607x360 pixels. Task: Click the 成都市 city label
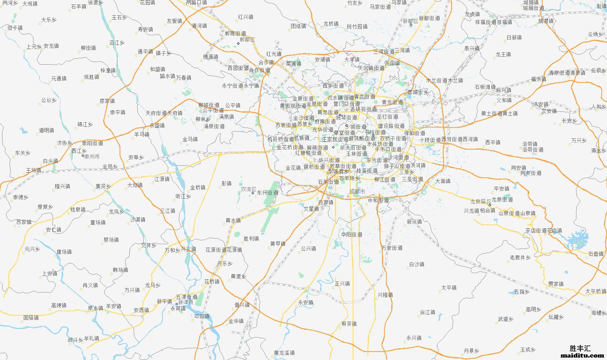click(x=357, y=191)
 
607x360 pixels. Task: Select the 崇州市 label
click(x=92, y=156)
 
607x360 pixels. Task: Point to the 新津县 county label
click(x=186, y=302)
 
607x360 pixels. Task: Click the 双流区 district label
click(x=248, y=189)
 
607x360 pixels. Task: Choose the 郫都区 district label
click(x=247, y=39)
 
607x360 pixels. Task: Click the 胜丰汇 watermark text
click(x=580, y=348)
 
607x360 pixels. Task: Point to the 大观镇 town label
click(x=30, y=4)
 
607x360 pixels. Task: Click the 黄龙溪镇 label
click(x=284, y=353)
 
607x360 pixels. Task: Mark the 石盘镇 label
click(x=596, y=254)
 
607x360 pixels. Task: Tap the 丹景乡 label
click(x=471, y=351)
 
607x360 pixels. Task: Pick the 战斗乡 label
click(x=75, y=340)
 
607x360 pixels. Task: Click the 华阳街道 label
click(x=351, y=235)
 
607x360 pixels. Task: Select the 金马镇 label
click(x=190, y=139)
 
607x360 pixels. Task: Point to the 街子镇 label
click(x=15, y=28)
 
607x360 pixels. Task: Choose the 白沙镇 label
click(x=417, y=264)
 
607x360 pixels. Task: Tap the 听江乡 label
click(x=183, y=196)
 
